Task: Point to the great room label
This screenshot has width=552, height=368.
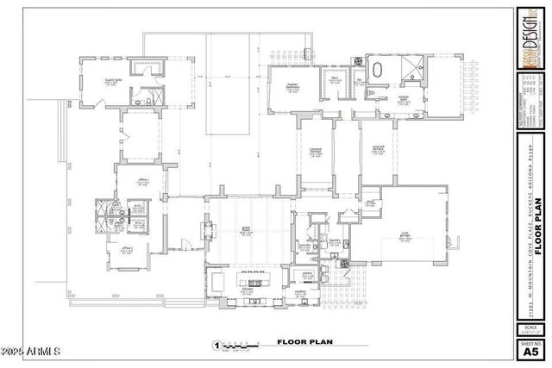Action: (247, 232)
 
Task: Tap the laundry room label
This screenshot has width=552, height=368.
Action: (334, 242)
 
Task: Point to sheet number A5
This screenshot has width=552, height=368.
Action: (530, 350)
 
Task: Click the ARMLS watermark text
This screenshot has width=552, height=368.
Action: (32, 352)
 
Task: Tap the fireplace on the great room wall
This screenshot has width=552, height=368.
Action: (204, 231)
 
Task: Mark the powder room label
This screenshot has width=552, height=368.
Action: (304, 245)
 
